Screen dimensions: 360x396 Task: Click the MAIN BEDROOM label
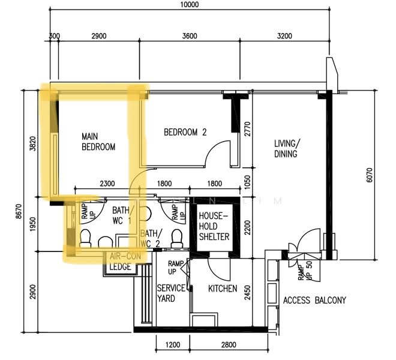click(98, 142)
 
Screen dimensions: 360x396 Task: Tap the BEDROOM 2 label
click(185, 133)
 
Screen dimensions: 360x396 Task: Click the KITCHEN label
click(223, 288)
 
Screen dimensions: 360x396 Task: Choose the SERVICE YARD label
click(171, 293)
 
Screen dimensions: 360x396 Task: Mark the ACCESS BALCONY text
click(314, 300)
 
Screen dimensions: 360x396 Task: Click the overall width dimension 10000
click(189, 5)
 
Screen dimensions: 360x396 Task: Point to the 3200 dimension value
click(284, 36)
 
